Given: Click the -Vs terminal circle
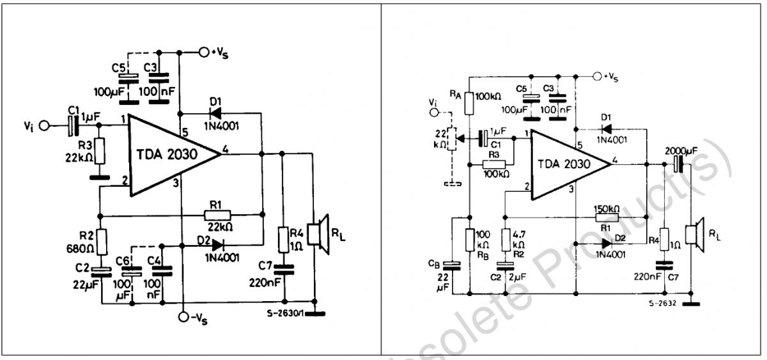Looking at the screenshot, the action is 184,317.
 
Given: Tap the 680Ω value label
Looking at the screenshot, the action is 80,249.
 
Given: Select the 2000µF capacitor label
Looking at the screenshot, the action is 681,151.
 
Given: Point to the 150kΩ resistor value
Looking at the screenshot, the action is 607,209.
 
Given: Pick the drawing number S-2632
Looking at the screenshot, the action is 663,303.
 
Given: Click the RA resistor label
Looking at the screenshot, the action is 455,94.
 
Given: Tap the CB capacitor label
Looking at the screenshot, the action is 434,263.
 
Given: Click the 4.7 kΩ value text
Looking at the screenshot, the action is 518,240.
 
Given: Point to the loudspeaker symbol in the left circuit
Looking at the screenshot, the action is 318,234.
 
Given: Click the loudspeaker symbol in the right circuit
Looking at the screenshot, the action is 695,235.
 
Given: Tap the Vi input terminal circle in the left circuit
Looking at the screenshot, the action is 44,126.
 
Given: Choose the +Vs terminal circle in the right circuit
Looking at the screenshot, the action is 597,76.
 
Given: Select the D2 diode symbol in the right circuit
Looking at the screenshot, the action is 607,244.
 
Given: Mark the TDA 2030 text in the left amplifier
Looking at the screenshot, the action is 167,155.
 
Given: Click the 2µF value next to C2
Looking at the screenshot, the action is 517,277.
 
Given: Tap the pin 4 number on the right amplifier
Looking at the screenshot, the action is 615,160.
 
